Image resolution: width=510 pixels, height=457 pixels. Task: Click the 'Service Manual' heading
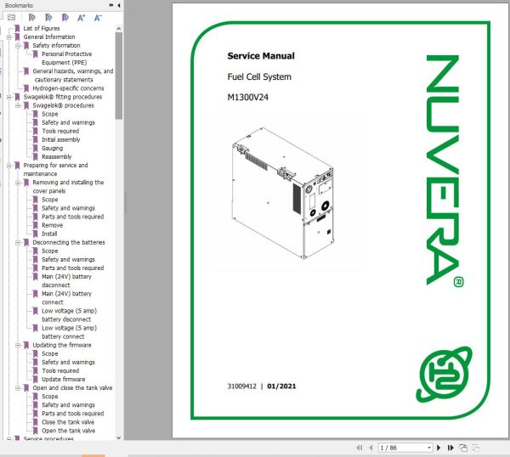click(261, 56)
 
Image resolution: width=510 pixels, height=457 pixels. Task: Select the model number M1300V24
click(248, 97)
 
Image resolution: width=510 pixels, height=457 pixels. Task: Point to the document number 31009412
click(242, 386)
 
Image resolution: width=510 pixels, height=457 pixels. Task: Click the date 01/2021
click(281, 386)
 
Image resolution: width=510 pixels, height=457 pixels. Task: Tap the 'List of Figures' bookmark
click(42, 28)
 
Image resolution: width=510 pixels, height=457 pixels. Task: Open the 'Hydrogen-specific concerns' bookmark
click(68, 88)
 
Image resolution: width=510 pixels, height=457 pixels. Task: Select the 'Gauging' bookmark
click(53, 148)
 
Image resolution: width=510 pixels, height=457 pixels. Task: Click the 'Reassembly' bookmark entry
click(57, 156)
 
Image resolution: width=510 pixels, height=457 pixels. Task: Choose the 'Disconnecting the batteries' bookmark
click(69, 242)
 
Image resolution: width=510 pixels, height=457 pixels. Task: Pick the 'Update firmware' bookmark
click(64, 379)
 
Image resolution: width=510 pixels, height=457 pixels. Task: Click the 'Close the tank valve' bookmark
click(68, 422)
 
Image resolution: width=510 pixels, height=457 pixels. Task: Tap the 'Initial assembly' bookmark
click(61, 139)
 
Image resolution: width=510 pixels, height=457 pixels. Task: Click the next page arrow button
click(439, 448)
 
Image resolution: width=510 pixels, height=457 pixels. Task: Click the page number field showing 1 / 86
click(405, 448)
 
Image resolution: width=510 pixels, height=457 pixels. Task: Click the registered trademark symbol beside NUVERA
click(459, 282)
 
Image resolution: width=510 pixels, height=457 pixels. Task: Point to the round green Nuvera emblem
click(444, 375)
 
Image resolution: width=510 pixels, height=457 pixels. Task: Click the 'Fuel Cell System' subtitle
click(259, 77)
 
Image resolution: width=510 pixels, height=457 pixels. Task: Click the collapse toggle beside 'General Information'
click(9, 37)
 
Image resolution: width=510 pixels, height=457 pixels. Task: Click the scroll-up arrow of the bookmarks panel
click(119, 29)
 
